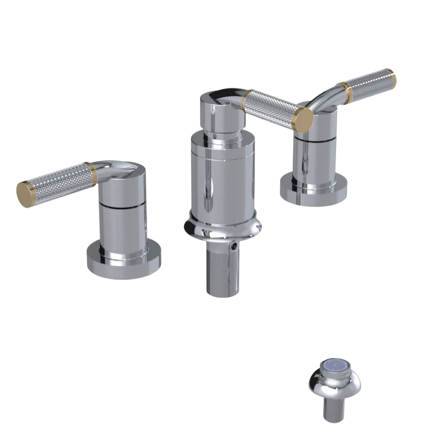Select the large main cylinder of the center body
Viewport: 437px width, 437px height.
[223, 179]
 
